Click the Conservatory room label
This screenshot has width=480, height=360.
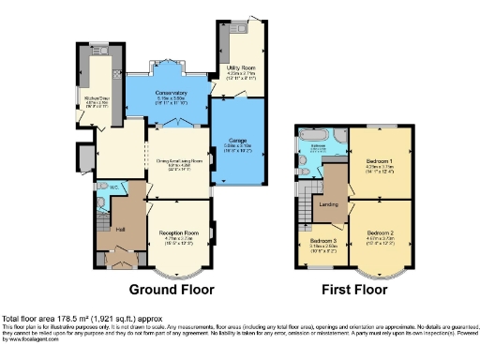[x=171, y=93]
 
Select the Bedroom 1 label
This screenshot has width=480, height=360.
[x=379, y=162]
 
